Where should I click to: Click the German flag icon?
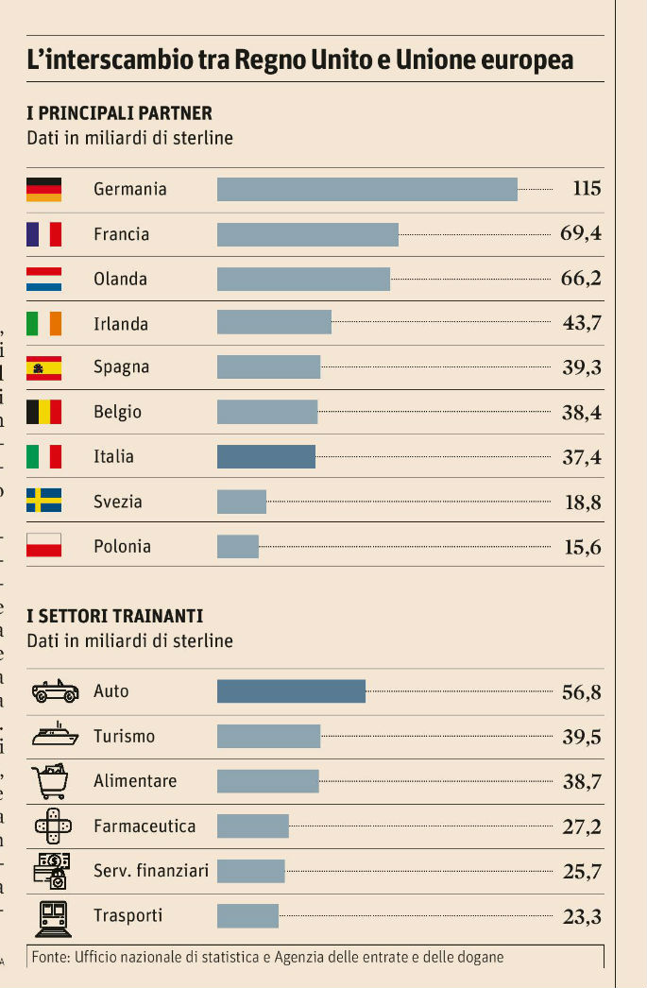point(43,189)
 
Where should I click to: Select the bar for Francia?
point(307,234)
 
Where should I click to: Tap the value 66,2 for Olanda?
point(581,279)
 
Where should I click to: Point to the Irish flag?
point(43,324)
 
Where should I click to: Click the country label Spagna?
point(121,367)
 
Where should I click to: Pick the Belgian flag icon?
point(43,412)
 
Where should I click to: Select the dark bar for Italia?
point(265,457)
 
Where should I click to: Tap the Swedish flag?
point(43,501)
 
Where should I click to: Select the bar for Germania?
point(366,189)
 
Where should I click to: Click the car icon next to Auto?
point(55,692)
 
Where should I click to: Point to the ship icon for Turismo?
point(55,736)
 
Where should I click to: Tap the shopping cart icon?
point(51,780)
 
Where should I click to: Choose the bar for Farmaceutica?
point(252,826)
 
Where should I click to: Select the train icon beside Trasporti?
point(53,916)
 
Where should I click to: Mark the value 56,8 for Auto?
point(581,692)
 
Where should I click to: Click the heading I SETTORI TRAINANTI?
point(114,617)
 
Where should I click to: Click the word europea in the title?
point(526,60)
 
